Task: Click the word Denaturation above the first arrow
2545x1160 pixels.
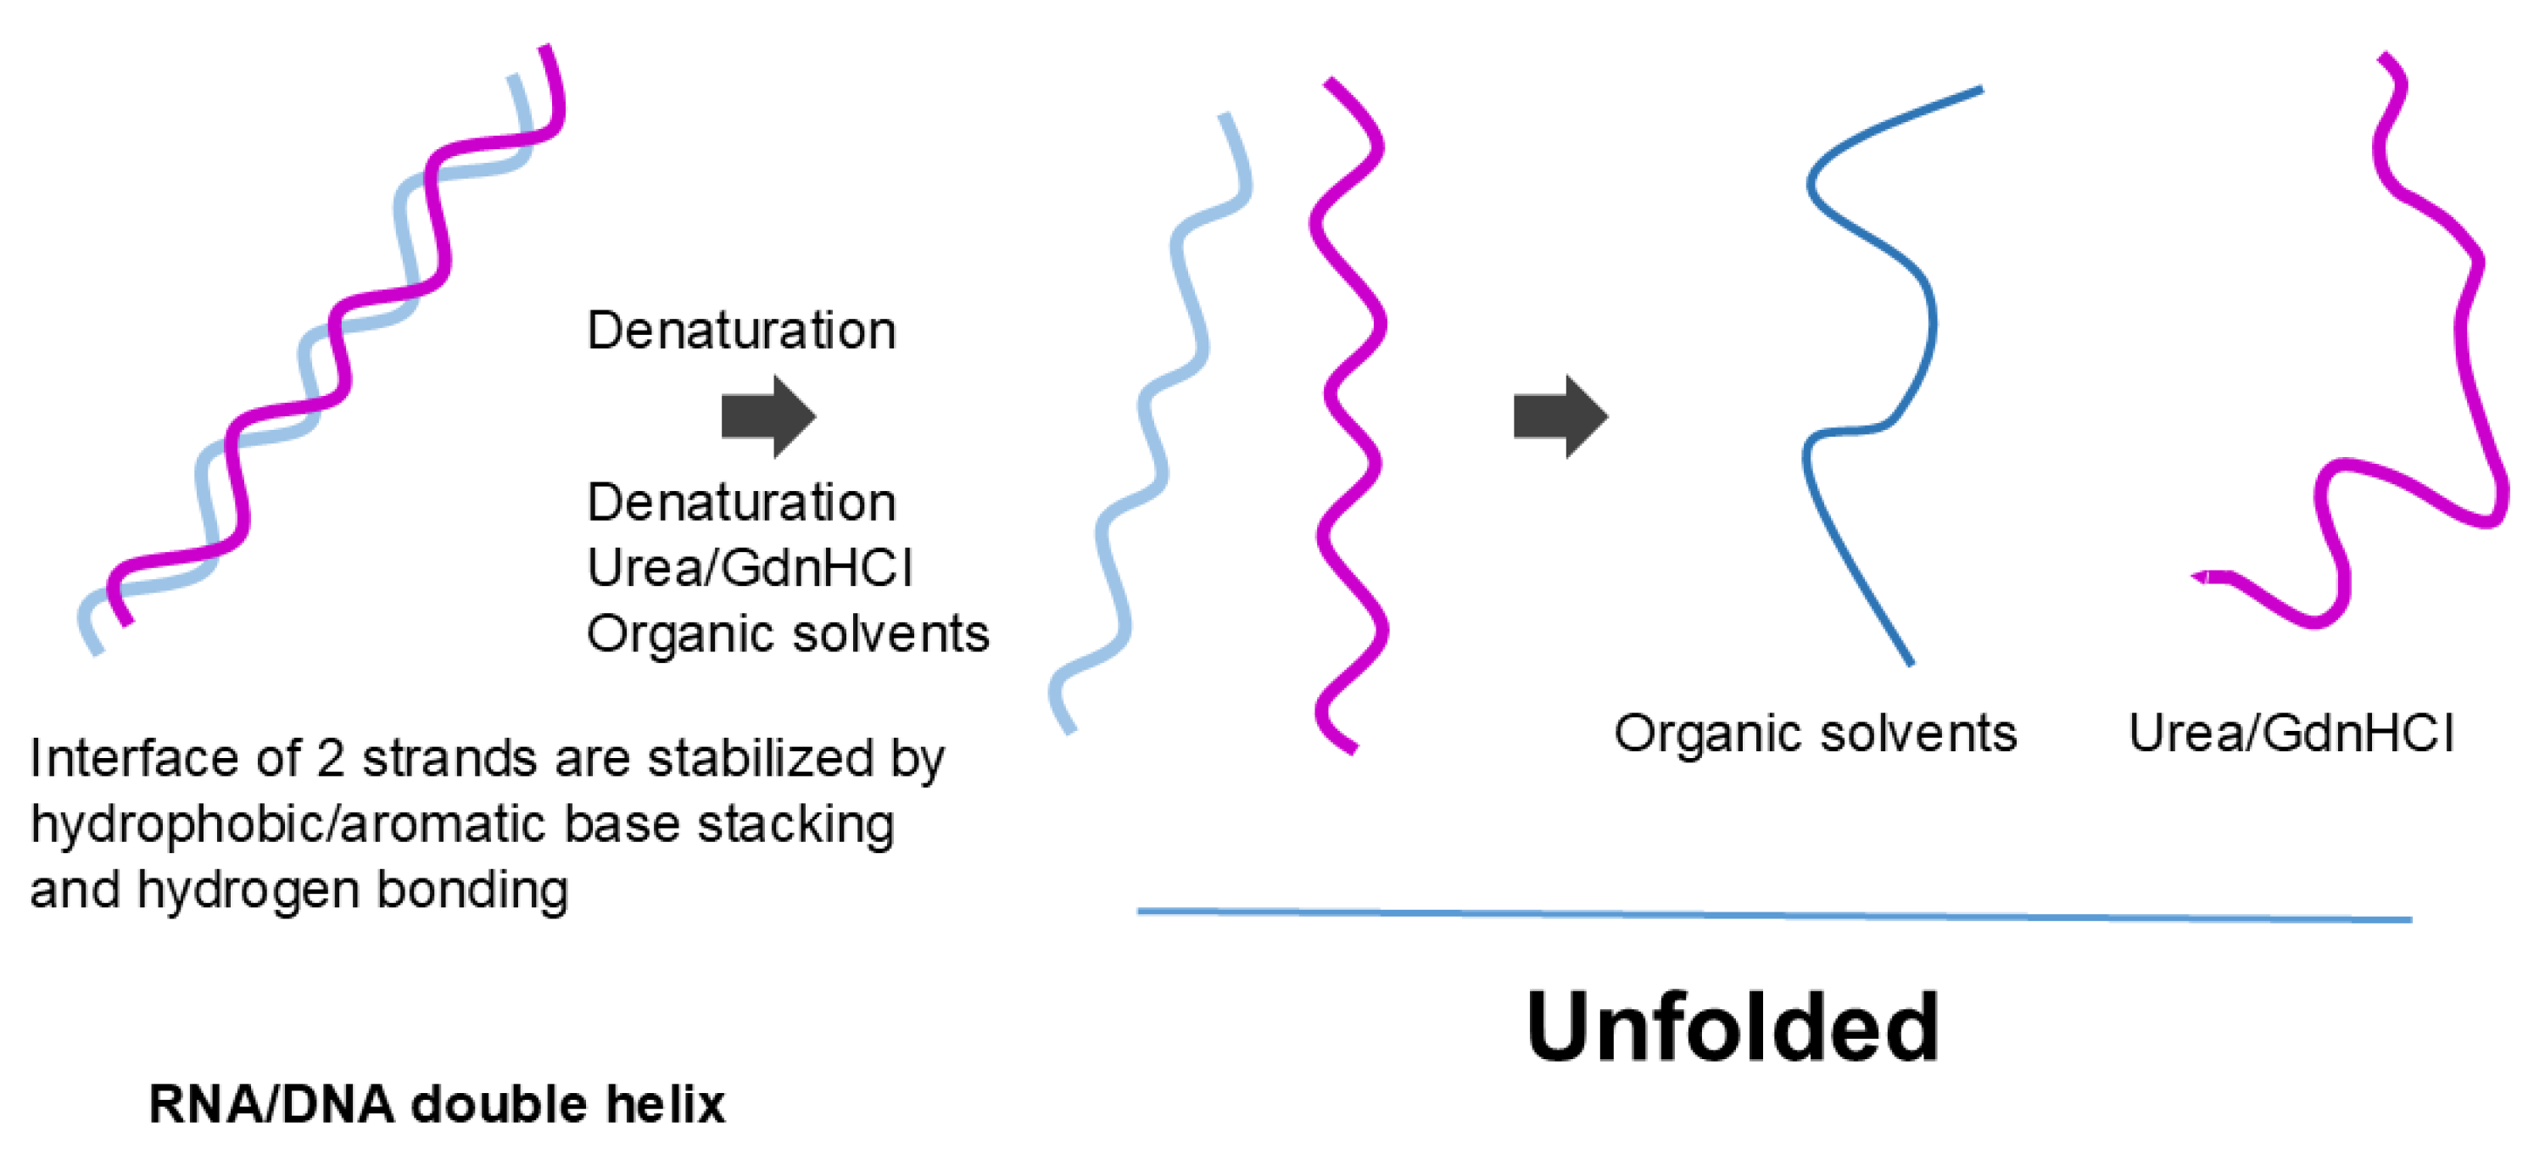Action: click(x=741, y=330)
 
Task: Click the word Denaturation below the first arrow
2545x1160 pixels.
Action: click(x=741, y=503)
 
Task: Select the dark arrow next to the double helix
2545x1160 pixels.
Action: click(x=767, y=417)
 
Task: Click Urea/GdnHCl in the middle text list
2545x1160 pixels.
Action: click(x=750, y=568)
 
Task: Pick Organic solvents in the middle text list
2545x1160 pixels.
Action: click(x=787, y=633)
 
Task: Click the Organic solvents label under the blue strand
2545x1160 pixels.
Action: click(x=1815, y=734)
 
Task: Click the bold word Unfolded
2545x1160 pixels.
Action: click(x=1732, y=1028)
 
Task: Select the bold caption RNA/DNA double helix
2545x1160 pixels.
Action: click(x=437, y=1104)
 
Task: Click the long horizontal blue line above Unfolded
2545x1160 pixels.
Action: click(x=1773, y=915)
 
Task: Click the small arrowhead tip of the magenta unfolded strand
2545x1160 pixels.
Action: click(x=2199, y=577)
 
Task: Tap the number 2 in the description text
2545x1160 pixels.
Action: click(x=330, y=759)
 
